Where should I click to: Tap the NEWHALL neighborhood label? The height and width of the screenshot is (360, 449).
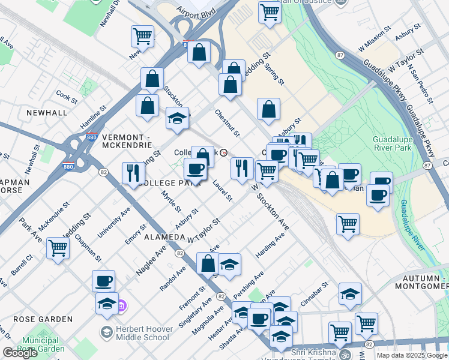(46, 113)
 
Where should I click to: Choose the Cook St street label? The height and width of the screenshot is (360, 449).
(67, 95)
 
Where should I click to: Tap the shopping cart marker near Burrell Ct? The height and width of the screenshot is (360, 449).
(58, 247)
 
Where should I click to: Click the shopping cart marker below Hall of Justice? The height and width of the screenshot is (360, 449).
(270, 11)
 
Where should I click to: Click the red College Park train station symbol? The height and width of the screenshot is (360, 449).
(224, 152)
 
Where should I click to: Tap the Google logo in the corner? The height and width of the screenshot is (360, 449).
(20, 353)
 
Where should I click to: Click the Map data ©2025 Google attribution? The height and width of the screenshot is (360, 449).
(412, 355)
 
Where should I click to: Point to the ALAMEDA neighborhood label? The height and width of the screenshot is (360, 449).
(164, 238)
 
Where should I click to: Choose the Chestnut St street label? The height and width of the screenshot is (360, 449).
(228, 122)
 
